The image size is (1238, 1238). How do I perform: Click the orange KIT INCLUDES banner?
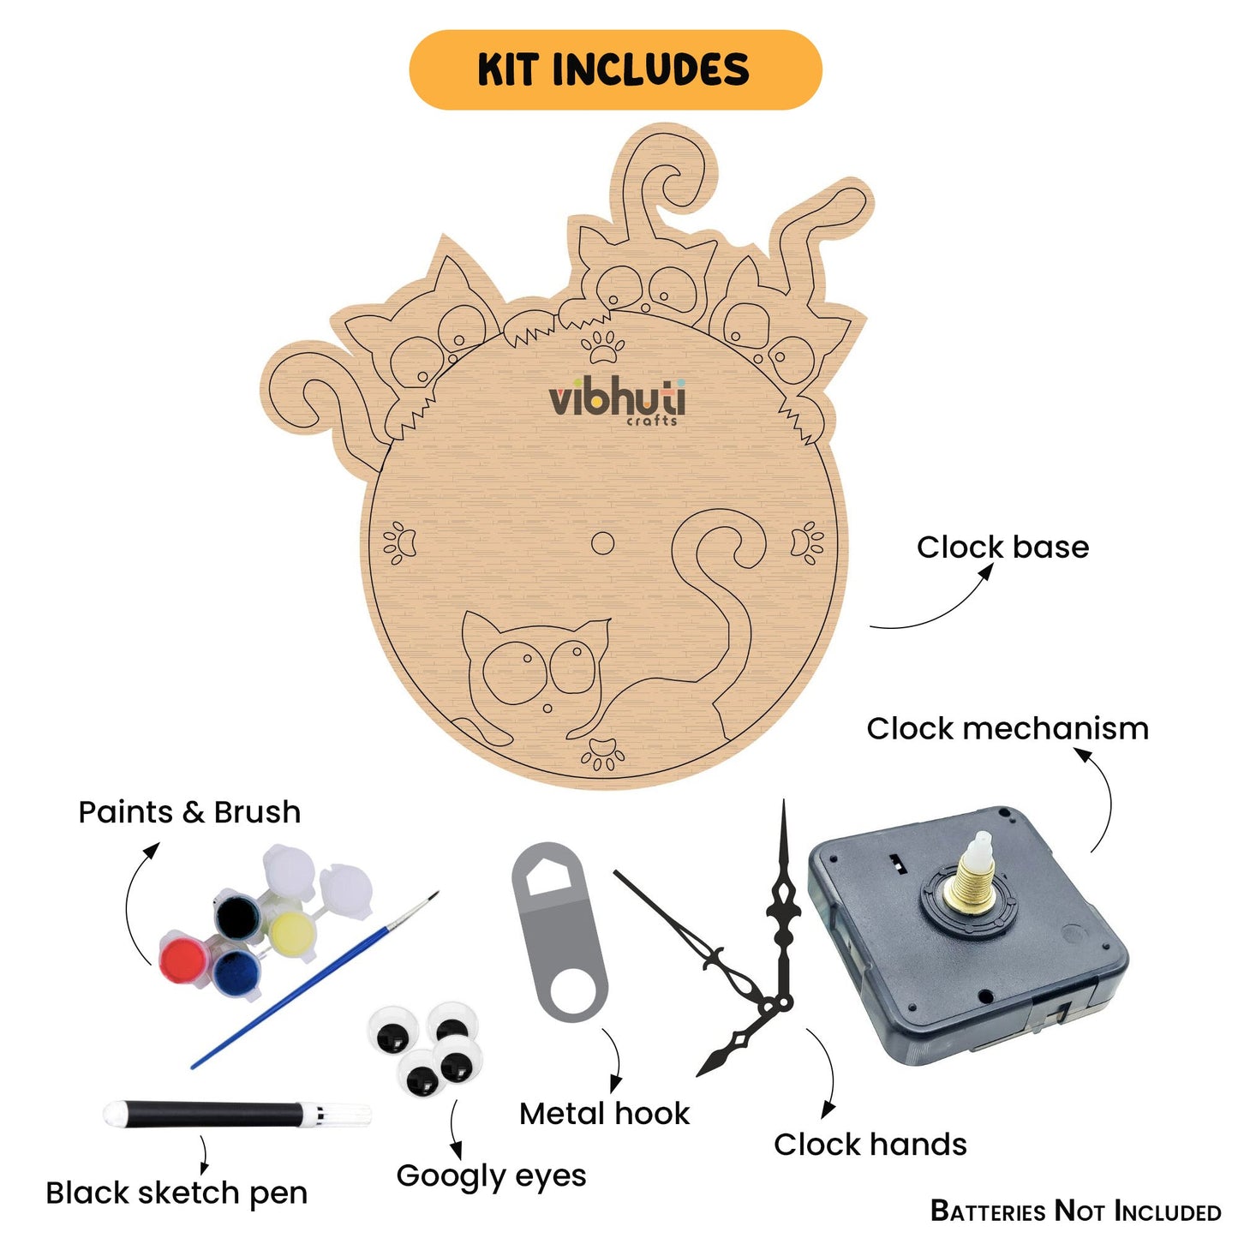coord(615,69)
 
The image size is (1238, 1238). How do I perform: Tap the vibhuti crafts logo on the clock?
coord(617,401)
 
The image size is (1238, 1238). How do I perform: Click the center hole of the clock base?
coord(602,543)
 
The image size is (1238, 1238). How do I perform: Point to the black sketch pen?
coord(236,1115)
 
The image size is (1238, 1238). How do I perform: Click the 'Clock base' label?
coord(1002,547)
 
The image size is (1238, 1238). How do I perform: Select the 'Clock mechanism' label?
coord(1007,729)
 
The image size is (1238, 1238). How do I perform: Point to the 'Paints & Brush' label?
coord(189,812)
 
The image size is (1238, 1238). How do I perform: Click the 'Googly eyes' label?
coord(491,1176)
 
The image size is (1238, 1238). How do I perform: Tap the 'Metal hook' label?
coord(604,1114)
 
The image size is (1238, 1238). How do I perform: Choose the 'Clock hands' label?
coord(870,1145)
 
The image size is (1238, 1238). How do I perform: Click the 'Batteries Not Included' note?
coord(1075,1211)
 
